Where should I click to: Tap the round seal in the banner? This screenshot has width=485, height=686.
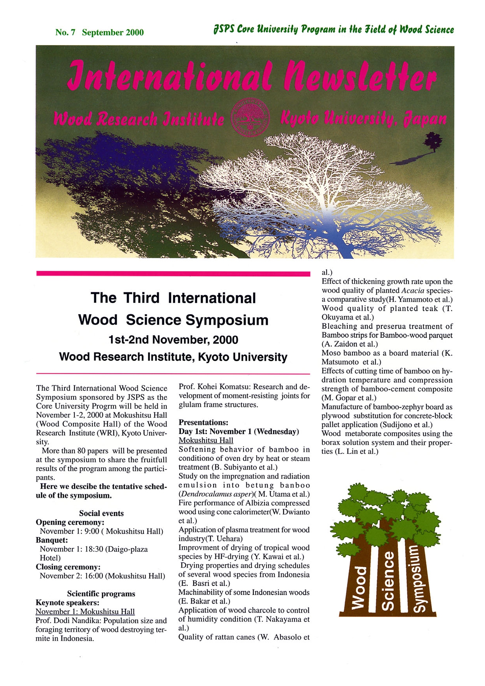[250, 117]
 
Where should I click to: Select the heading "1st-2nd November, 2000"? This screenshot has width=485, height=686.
[173, 340]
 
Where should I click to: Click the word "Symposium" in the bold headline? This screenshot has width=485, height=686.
[227, 320]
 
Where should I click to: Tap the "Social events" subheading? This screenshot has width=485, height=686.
[101, 513]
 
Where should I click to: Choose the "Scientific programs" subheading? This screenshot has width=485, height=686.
[101, 594]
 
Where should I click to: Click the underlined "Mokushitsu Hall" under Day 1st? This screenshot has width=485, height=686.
[206, 441]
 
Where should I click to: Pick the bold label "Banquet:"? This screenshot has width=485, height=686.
[52, 540]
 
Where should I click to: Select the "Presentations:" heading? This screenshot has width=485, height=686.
[203, 423]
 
